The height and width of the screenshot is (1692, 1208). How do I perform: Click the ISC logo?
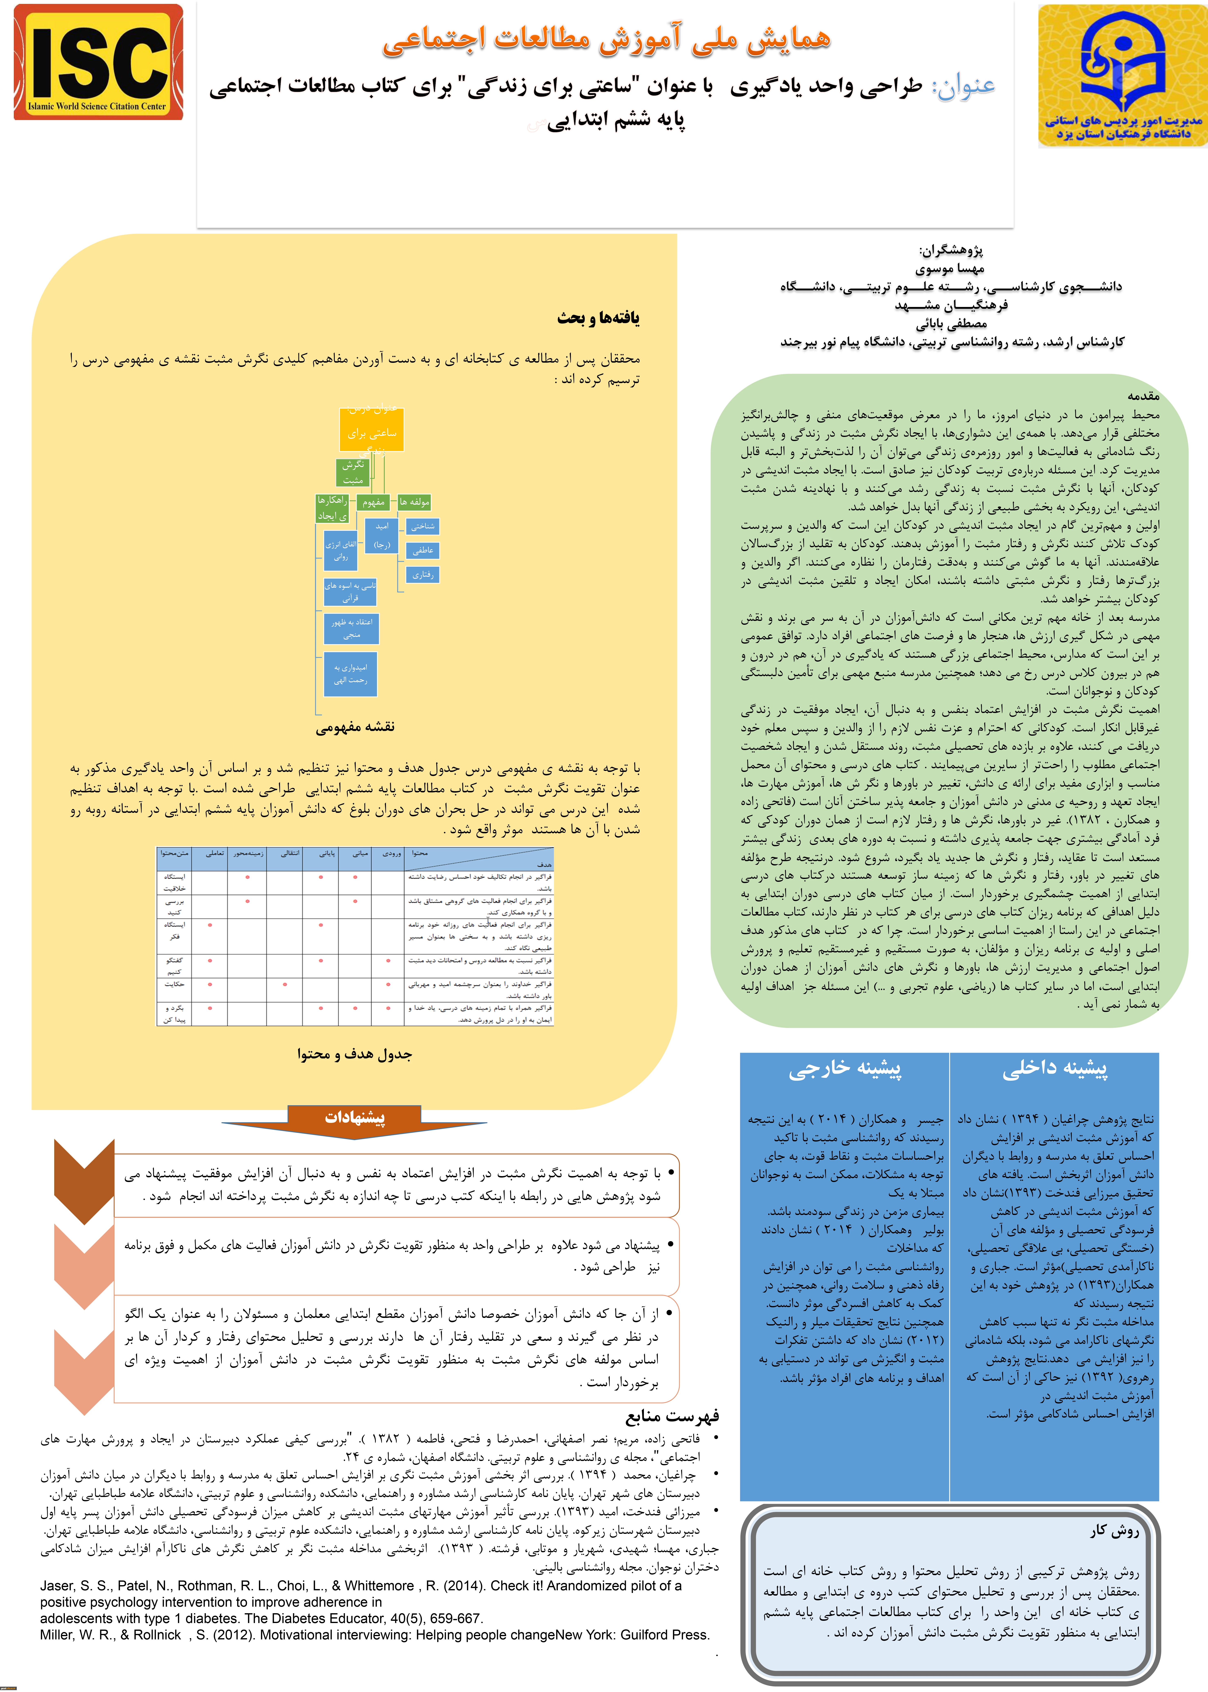click(x=98, y=62)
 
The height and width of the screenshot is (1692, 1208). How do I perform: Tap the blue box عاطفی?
click(x=423, y=551)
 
